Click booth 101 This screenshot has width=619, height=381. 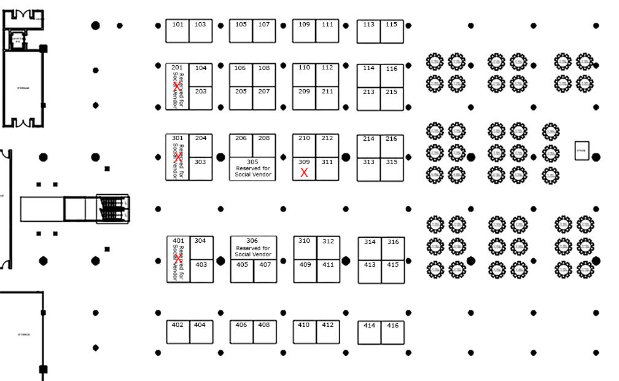click(x=177, y=31)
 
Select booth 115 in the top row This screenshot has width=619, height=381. click(x=391, y=31)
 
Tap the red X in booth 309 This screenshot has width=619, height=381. click(x=304, y=173)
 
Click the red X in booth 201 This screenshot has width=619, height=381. click(x=177, y=87)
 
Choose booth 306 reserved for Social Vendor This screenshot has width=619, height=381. click(x=253, y=248)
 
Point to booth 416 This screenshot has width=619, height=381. click(x=393, y=332)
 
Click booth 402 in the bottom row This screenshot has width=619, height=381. click(x=177, y=331)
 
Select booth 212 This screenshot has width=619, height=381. click(x=327, y=146)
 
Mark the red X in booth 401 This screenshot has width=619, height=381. click(x=177, y=259)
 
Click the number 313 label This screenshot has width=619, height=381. click(x=368, y=162)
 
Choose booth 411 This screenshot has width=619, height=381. click(x=329, y=271)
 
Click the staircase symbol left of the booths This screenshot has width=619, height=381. click(x=112, y=208)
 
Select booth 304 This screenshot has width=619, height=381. click(x=201, y=248)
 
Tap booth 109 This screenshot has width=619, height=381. click(x=304, y=31)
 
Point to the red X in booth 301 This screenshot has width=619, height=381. click(x=177, y=157)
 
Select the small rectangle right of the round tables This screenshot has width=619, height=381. click(x=582, y=151)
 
